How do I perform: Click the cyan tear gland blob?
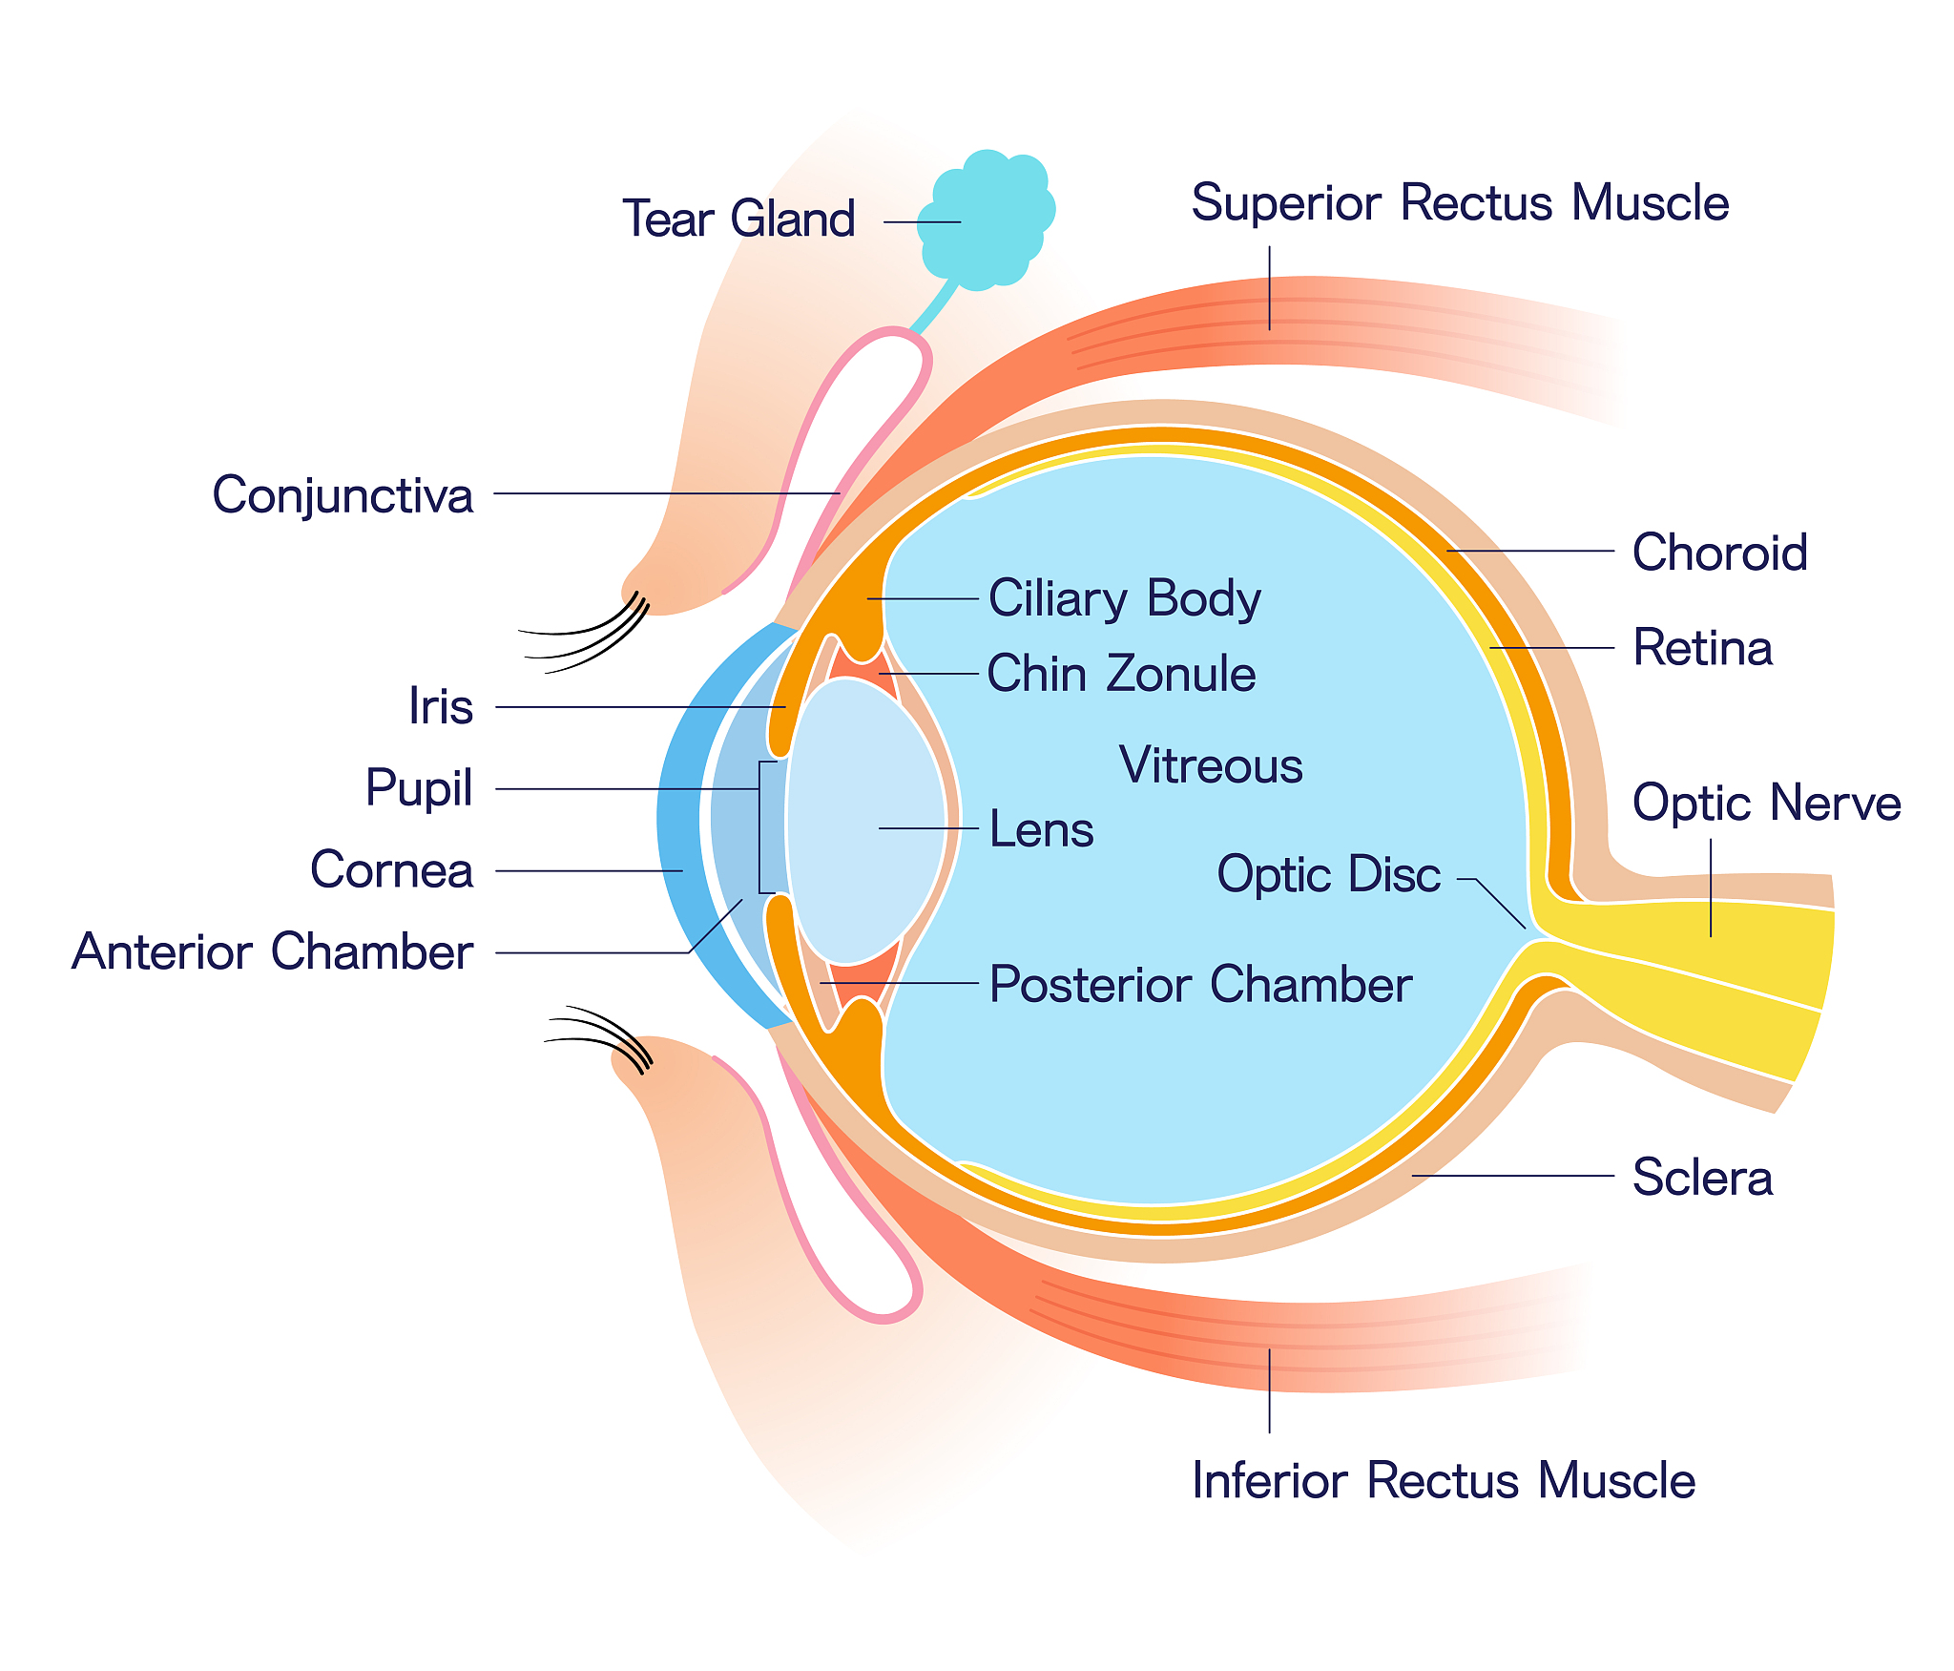coord(987,219)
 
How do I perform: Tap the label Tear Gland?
coord(738,219)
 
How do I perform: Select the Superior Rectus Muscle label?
coord(1460,202)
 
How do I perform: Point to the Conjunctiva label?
coord(343,495)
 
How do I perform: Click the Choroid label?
coord(1719,552)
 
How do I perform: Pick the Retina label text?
coord(1702,647)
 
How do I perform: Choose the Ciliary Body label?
coord(1125,598)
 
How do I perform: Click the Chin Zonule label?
coord(1121,673)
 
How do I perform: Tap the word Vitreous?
coord(1211,765)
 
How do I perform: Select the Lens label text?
coord(1041,828)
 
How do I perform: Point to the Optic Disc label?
coord(1328,874)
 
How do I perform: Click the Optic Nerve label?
coord(1766,802)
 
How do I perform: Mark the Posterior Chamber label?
coord(1200,984)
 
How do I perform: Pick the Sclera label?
coord(1702,1177)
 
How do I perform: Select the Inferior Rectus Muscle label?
coord(1444,1480)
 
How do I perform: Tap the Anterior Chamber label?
coord(273,951)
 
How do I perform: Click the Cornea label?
coord(392,870)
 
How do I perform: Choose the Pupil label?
coord(419,789)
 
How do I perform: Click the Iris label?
coord(441,706)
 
